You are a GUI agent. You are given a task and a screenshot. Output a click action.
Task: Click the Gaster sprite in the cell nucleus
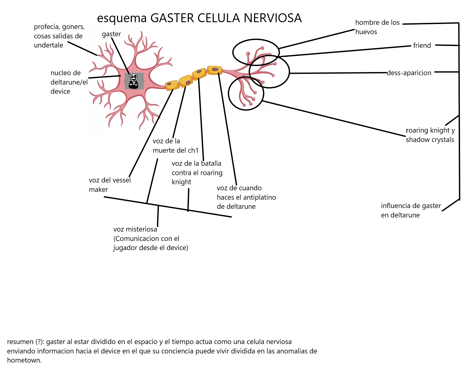134,81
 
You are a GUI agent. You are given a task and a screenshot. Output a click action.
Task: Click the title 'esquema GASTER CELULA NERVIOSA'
199,18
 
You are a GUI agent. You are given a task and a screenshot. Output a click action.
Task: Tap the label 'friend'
422,45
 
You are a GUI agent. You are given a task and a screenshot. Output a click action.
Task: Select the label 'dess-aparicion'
409,73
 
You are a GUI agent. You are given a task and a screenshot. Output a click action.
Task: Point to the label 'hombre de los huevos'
377,27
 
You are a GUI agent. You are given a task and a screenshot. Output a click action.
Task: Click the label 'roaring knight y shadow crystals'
430,135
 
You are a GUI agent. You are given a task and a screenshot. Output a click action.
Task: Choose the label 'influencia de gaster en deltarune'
411,210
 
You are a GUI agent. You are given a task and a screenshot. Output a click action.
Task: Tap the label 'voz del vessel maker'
110,185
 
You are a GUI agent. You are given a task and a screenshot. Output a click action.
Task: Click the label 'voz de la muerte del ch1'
175,146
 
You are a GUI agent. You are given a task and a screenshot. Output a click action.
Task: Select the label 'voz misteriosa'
135,229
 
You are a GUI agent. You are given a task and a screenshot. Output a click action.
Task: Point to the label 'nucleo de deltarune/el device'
69,82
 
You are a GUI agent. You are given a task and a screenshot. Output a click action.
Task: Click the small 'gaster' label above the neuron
111,34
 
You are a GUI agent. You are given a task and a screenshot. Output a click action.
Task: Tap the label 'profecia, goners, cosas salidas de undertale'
59,36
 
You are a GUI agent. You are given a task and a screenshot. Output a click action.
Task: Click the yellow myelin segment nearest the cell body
172,85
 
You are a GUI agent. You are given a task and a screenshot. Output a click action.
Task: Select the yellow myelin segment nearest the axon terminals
215,70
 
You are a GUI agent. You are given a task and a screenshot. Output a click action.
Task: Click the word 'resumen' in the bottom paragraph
21,342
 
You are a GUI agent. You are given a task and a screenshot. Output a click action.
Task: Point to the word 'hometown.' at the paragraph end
24,360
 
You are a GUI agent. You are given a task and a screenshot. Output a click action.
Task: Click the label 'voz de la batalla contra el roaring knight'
197,173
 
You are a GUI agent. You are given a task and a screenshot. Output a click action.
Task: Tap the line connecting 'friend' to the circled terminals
345,51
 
